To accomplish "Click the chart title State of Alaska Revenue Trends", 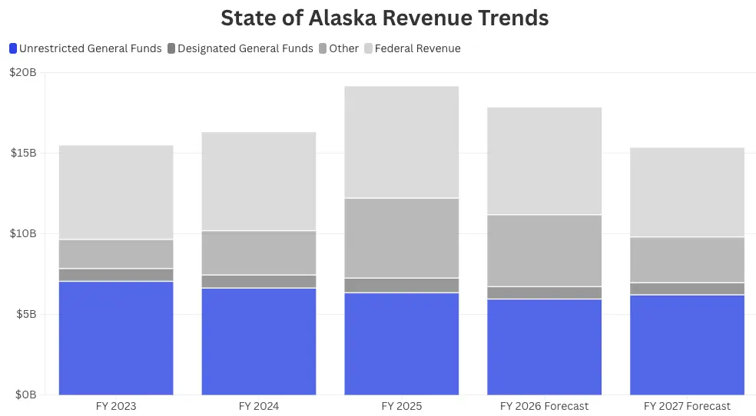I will [384, 18].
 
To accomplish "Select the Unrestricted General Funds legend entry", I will [85, 48].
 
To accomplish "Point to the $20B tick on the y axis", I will [23, 73].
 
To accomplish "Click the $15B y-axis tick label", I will [23, 154].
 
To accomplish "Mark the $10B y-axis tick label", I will [23, 234].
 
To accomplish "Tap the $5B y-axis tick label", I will [25, 315].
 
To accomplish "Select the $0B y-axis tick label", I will [25, 395].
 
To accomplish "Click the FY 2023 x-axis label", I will [116, 406].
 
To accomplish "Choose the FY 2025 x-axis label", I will [402, 406].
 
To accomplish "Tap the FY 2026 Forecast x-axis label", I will [544, 406].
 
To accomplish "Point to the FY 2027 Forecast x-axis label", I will [687, 406].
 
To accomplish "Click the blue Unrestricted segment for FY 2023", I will [116, 338].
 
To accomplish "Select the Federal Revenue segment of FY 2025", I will [402, 142].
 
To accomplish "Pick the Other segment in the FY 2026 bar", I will [544, 250].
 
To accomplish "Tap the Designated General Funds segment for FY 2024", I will [259, 281].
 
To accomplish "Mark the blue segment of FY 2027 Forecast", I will [687, 345].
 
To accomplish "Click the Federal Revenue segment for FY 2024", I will [259, 181].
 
